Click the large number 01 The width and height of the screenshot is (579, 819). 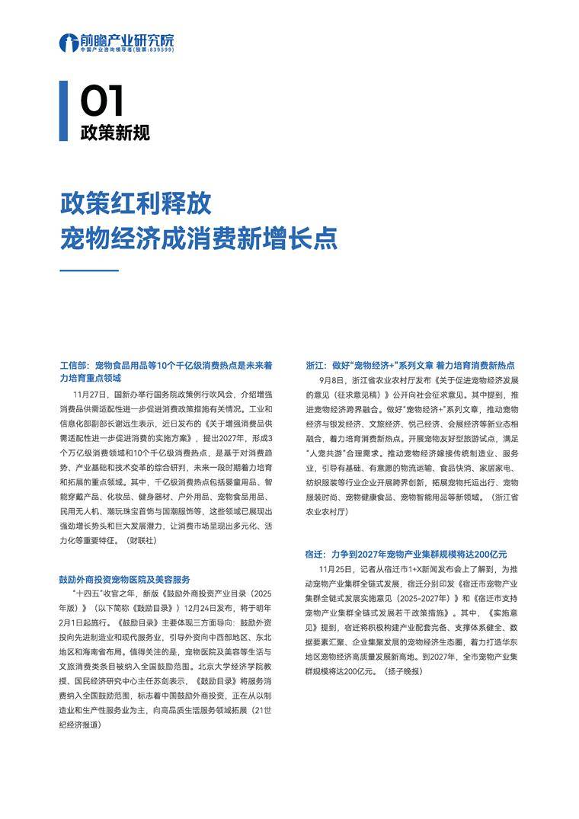click(102, 101)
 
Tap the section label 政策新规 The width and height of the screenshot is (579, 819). click(115, 132)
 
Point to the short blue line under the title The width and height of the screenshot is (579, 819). click(89, 270)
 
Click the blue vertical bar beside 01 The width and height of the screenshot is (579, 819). click(64, 110)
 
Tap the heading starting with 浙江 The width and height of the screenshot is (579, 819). click(410, 365)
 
